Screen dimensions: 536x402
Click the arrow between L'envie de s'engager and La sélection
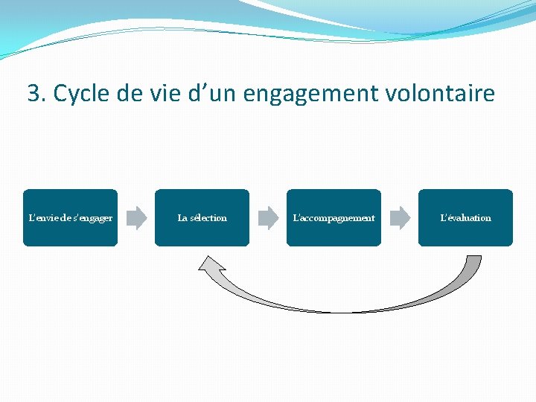pos(136,217)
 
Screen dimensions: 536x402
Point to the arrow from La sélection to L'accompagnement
pos(268,217)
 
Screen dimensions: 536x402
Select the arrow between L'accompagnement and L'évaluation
pos(400,217)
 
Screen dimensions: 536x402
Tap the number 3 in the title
pos(33,94)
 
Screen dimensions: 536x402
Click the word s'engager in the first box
pos(93,218)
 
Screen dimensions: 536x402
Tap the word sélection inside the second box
pos(209,218)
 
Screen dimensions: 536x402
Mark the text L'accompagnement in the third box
pos(334,218)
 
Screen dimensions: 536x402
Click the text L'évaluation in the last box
pos(465,218)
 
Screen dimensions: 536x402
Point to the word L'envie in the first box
pos(41,218)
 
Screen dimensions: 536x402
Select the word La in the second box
pos(182,218)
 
